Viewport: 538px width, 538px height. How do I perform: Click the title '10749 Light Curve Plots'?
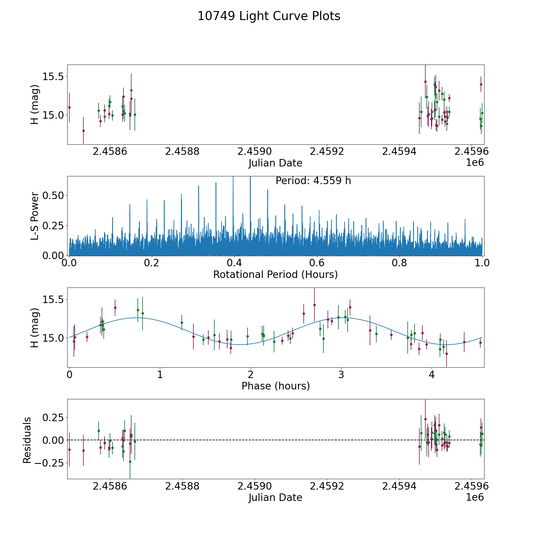point(269,16)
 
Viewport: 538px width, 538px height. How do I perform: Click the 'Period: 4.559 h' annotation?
point(313,181)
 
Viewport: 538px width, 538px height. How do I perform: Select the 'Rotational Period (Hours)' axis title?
point(275,274)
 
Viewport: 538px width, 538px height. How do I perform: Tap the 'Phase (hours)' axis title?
point(276,386)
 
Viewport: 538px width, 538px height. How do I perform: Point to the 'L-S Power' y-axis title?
point(35,216)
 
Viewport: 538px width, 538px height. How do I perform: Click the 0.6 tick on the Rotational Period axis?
point(317,263)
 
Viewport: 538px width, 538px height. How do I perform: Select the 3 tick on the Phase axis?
point(341,375)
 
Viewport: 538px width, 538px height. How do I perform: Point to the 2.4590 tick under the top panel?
point(254,152)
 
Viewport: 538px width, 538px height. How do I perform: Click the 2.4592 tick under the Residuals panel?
point(327,486)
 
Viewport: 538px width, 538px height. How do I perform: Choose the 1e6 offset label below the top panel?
point(475,163)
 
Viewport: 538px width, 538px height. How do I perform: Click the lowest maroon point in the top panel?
point(83,131)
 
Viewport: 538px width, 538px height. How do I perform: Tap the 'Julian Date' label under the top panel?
point(275,163)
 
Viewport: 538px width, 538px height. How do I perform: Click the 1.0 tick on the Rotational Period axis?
point(482,263)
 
